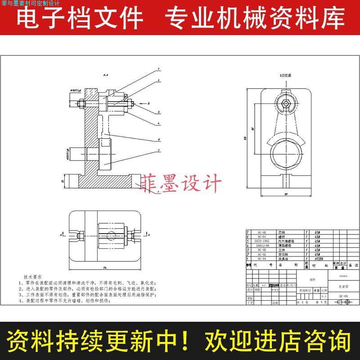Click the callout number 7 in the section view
[x=159, y=69]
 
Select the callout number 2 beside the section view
[x=159, y=150]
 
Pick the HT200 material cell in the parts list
[x=319, y=258]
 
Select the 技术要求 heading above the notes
[x=33, y=277]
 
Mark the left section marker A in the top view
[x=61, y=234]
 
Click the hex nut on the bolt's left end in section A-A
[x=82, y=104]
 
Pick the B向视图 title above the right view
[x=285, y=76]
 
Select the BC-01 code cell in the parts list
[x=261, y=258]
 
